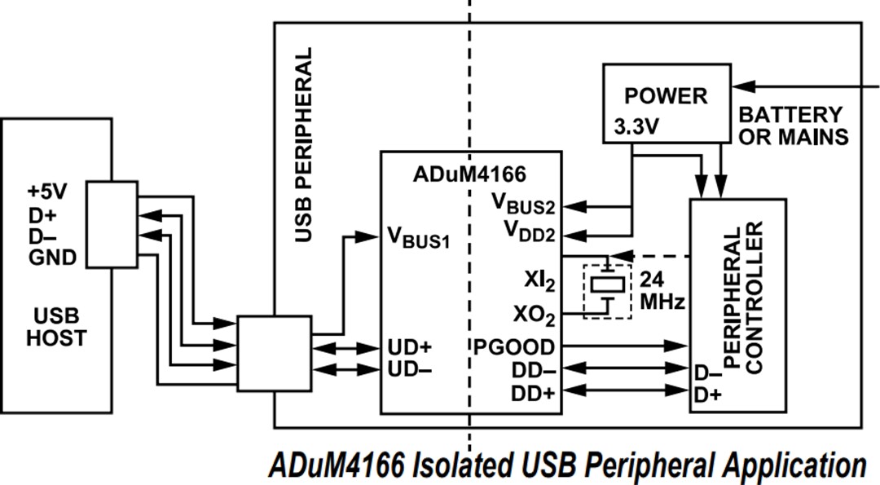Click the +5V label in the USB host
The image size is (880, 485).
(46, 194)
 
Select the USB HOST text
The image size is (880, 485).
(55, 325)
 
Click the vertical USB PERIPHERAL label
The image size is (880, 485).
(303, 145)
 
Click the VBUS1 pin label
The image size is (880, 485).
(418, 240)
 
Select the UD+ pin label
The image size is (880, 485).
(410, 346)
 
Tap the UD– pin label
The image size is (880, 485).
(410, 368)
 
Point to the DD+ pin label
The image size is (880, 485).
(533, 392)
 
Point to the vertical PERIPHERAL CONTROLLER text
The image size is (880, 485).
(743, 297)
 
